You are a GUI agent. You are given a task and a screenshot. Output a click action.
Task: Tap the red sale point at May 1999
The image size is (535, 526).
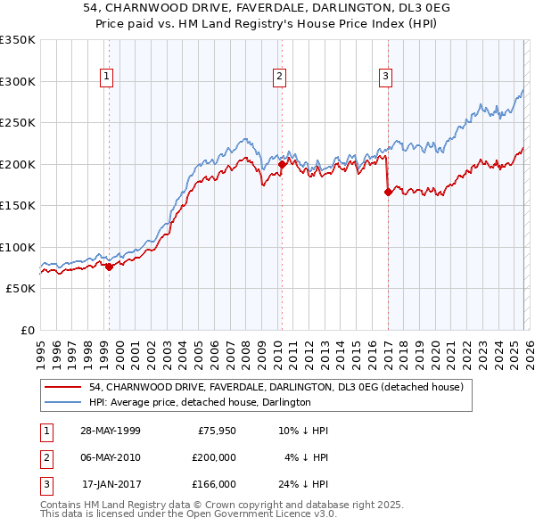tap(109, 267)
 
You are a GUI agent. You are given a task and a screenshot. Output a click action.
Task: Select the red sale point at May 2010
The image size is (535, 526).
tap(282, 164)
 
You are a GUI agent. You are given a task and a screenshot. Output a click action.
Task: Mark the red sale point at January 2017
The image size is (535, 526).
tap(388, 192)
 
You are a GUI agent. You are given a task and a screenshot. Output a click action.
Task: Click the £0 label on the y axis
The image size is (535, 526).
tap(27, 331)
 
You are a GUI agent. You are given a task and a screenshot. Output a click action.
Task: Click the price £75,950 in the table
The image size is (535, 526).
tap(214, 431)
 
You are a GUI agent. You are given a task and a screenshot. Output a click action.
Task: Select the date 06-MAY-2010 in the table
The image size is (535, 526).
tap(109, 457)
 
